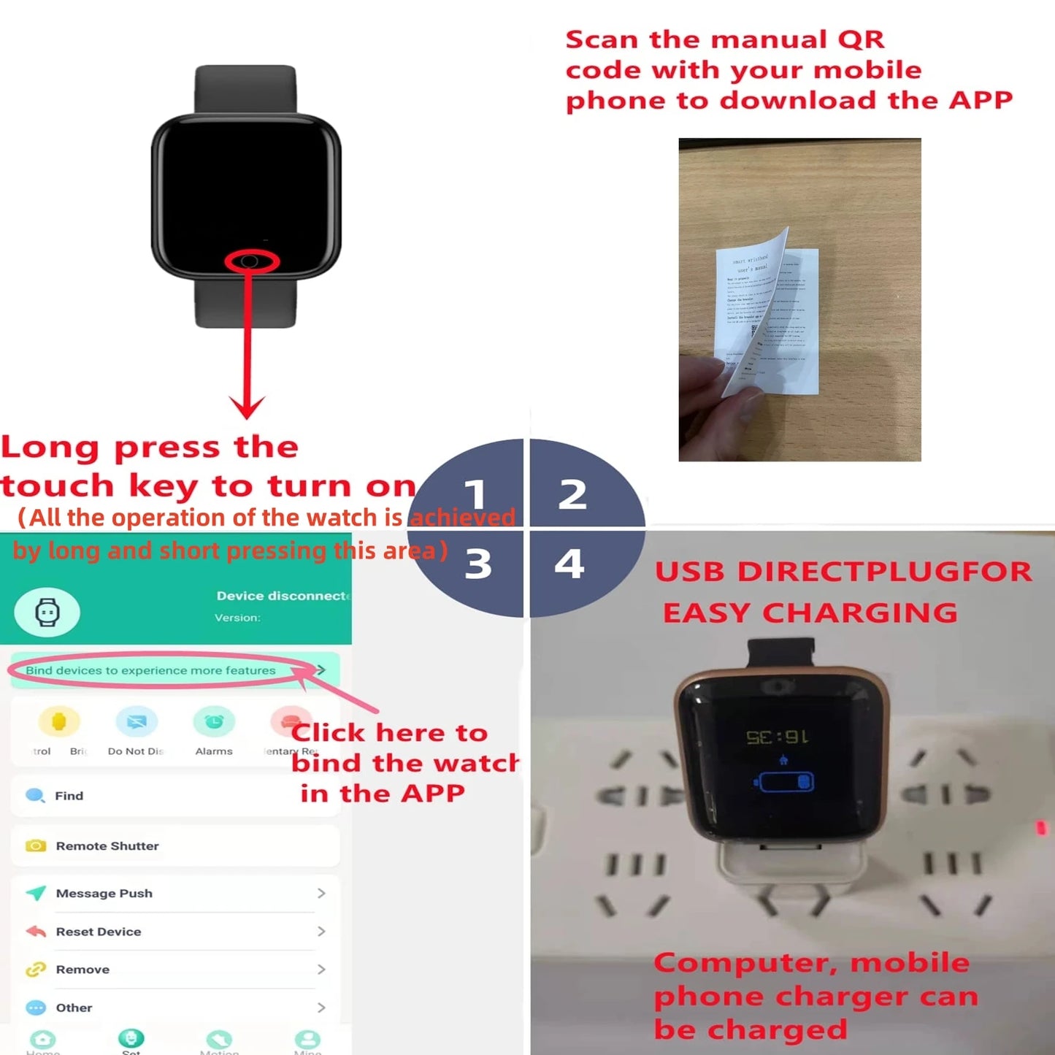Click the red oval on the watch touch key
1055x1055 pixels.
[251, 261]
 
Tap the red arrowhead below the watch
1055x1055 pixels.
[247, 407]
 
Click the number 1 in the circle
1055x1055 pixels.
[475, 494]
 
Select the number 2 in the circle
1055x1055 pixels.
[572, 494]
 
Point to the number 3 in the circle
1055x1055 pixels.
[478, 564]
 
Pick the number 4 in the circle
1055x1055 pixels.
[569, 563]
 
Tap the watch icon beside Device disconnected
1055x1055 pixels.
[47, 612]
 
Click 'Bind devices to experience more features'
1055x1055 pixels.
[151, 670]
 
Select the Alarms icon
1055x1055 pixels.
[214, 722]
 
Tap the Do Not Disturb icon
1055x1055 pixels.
[137, 722]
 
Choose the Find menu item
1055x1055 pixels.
[69, 796]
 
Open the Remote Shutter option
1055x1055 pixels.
[107, 846]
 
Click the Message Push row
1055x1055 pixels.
[104, 894]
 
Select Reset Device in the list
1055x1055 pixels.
[99, 932]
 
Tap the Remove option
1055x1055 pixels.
[83, 970]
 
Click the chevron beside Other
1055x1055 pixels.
[321, 1008]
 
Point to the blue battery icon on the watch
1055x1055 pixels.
[784, 782]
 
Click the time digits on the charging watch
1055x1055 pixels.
[777, 737]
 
